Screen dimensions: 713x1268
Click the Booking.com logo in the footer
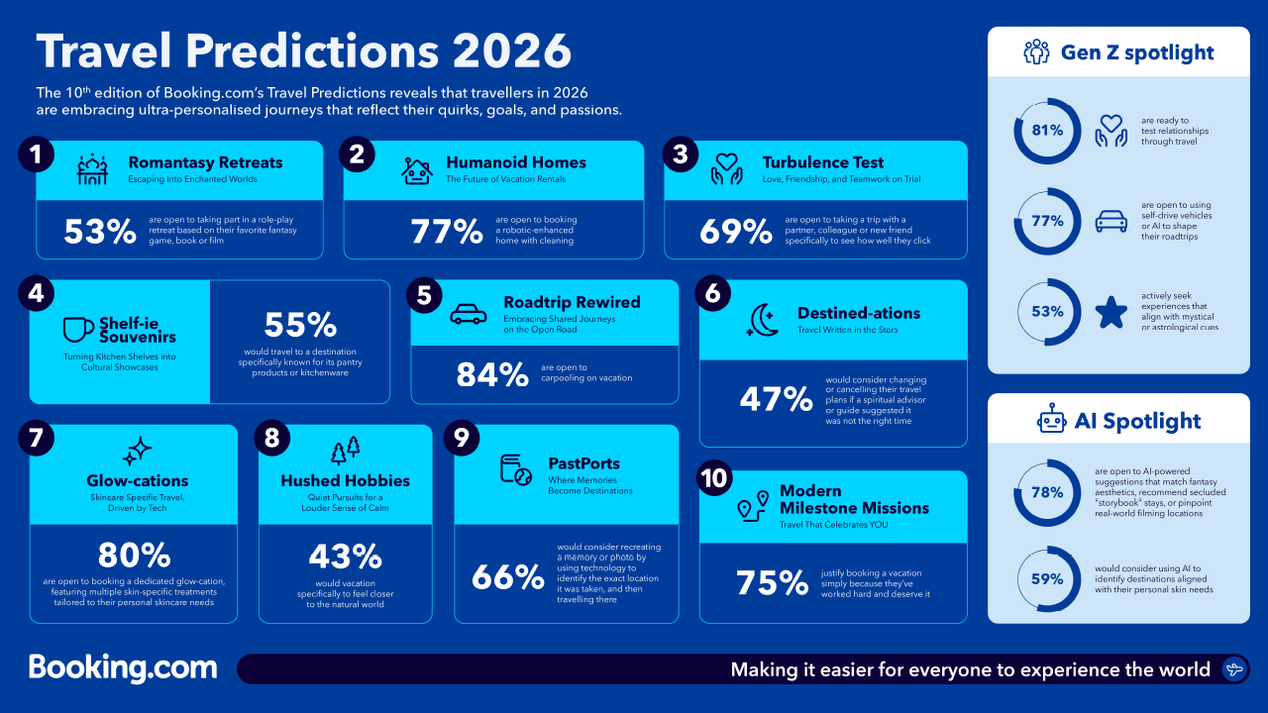click(123, 667)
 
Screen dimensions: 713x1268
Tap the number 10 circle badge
click(713, 477)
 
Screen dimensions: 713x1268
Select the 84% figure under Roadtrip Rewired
click(491, 374)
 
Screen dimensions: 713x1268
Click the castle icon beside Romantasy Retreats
click(93, 170)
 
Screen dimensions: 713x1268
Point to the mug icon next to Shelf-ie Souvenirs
click(78, 329)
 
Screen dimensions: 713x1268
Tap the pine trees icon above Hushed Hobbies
click(345, 451)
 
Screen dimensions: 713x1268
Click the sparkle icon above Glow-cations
click(137, 452)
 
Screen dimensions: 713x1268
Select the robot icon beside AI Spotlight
click(1051, 421)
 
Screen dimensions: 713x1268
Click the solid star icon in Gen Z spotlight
click(1110, 312)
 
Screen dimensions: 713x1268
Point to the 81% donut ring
click(1047, 131)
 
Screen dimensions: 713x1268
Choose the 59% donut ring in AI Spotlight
click(1047, 578)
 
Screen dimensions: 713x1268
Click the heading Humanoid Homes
click(515, 162)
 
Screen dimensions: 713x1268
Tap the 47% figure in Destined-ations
click(776, 399)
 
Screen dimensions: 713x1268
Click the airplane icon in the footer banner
click(1234, 669)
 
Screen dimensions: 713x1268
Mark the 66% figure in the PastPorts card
click(508, 576)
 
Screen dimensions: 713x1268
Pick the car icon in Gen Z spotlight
click(1110, 222)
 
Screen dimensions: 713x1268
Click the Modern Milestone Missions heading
click(854, 499)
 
